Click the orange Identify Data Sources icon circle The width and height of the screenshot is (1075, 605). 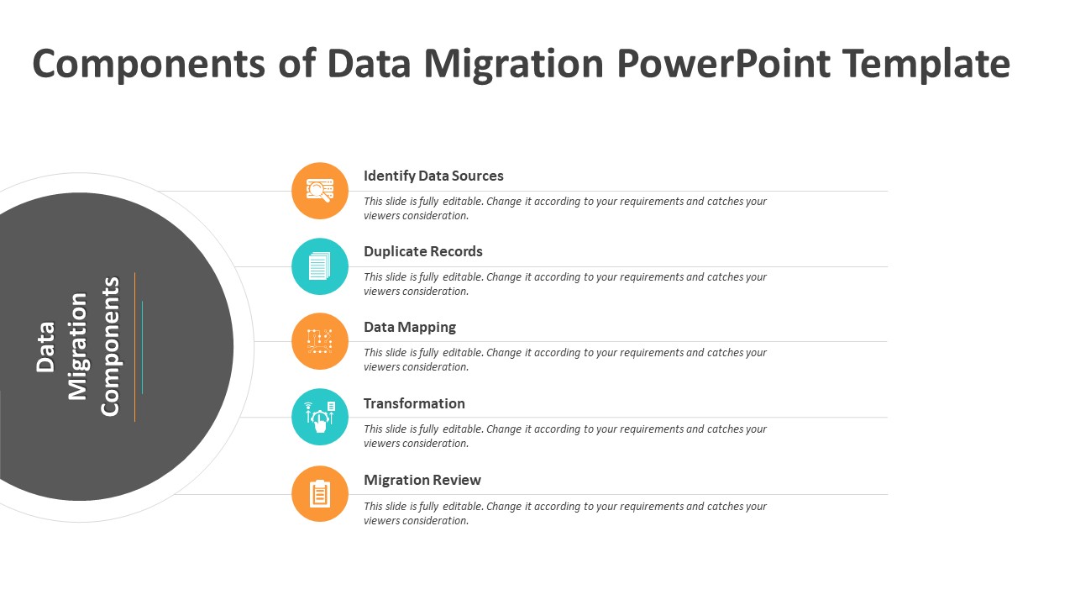320,191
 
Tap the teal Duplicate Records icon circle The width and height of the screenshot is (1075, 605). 320,266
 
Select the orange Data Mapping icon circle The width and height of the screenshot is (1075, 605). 320,341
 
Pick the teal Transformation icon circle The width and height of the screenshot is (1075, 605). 320,417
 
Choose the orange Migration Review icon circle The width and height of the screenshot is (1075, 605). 320,493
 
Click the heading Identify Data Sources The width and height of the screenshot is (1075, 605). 433,176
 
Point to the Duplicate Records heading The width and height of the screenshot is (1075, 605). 422,251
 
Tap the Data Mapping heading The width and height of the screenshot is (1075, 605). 410,328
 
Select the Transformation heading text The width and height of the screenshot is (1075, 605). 414,403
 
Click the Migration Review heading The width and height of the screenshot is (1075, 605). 422,480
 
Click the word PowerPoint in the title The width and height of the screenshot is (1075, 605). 723,63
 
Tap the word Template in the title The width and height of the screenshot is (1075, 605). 926,65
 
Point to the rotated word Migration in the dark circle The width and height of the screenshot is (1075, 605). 77,346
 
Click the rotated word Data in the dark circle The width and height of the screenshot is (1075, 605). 45,347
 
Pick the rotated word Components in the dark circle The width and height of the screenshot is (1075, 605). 110,346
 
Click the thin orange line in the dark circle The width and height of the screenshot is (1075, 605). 135,347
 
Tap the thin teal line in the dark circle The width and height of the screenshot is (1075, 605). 142,347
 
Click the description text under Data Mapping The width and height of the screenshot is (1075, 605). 565,360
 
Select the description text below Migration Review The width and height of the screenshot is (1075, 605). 565,513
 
